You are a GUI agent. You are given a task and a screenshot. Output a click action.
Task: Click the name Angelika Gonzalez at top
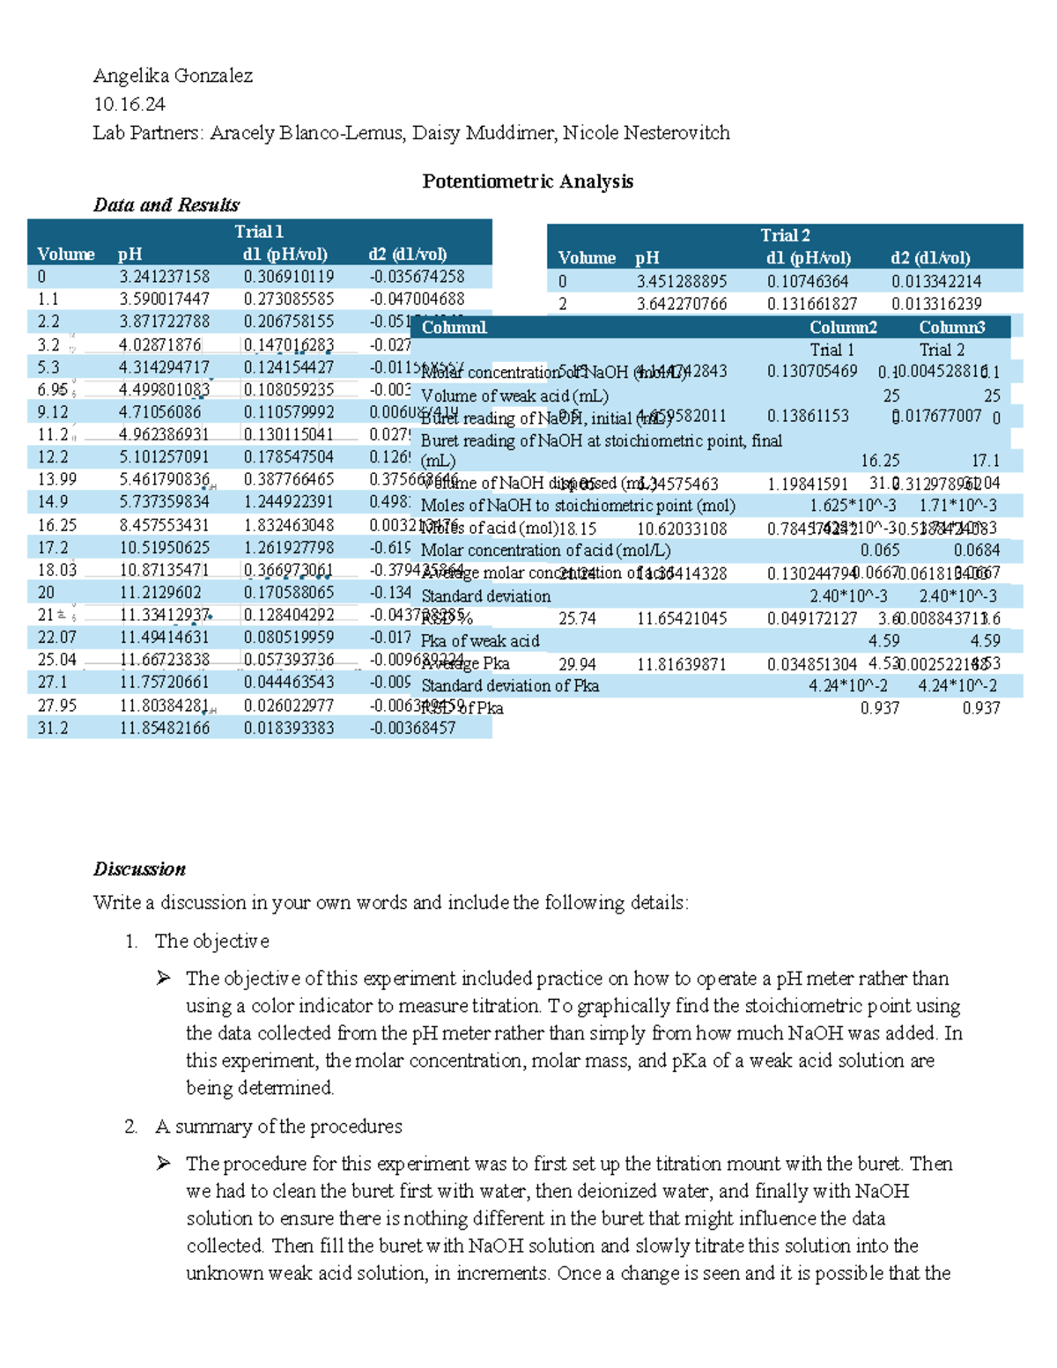pos(173,76)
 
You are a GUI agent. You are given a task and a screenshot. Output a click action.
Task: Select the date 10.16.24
pos(129,104)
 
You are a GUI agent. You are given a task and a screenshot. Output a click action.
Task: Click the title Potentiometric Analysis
pos(528,181)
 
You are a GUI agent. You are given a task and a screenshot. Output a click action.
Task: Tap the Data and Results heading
pos(166,205)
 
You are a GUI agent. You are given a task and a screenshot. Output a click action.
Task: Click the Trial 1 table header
pos(258,232)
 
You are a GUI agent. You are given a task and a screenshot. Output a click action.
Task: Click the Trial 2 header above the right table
pos(785,235)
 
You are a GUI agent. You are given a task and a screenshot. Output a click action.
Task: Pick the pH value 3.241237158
pos(165,277)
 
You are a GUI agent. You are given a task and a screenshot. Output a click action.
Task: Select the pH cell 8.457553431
pos(165,525)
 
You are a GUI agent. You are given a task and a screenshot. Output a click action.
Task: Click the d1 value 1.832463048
pos(289,525)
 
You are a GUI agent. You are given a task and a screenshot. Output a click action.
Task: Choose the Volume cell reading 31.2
pos(53,728)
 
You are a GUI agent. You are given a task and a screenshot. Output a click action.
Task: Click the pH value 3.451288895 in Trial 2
pos(682,282)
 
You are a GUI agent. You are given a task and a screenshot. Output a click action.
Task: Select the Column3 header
pos(951,328)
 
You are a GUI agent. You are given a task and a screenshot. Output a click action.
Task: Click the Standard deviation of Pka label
pos(510,686)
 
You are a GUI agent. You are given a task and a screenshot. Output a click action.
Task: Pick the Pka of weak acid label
pos(480,641)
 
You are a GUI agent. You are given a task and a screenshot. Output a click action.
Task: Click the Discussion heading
pos(139,869)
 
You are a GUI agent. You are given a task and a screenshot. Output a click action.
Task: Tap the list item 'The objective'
pos(211,942)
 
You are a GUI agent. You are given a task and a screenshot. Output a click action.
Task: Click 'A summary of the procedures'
pos(278,1127)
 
